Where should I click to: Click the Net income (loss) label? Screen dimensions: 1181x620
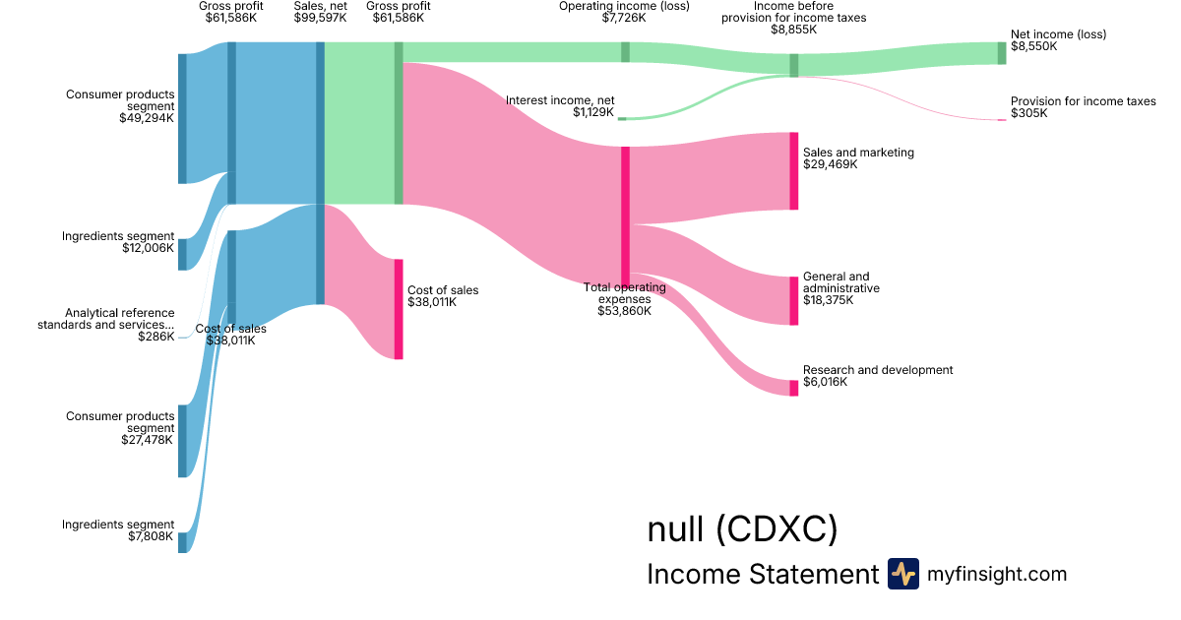coord(1058,34)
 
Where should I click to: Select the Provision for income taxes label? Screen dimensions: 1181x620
coord(1083,101)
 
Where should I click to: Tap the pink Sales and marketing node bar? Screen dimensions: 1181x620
coord(793,171)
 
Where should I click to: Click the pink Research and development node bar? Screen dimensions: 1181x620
coord(793,388)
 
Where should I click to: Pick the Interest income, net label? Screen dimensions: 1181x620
coord(559,100)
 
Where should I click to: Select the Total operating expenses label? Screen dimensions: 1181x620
coord(624,292)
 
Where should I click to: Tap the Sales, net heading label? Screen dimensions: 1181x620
coord(320,6)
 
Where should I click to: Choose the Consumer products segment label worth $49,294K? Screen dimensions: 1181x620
coord(120,100)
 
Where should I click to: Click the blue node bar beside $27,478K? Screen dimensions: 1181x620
coord(182,441)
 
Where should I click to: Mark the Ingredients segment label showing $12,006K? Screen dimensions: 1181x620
coord(118,236)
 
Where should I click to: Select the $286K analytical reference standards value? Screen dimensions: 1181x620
coord(156,337)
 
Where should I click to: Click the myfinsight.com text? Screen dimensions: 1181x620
coord(997,574)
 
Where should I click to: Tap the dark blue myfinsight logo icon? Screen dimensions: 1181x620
coord(902,574)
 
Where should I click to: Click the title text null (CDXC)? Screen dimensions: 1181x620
coord(742,529)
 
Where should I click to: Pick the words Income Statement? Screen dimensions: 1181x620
coord(762,575)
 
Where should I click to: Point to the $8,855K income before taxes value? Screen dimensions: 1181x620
coord(793,30)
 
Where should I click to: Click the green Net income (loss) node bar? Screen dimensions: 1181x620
coord(1002,53)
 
